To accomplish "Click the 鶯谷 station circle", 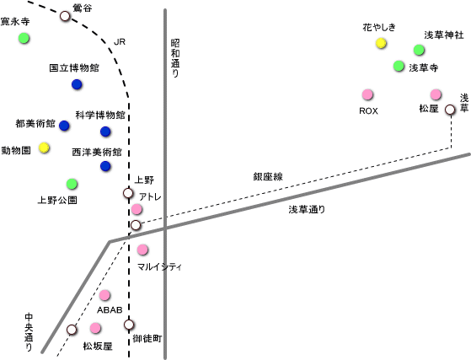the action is [65, 16].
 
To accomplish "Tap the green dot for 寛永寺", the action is [24, 38].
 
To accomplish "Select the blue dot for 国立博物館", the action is [77, 84].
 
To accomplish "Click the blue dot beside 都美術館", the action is [64, 126].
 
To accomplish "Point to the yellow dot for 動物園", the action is [44, 148].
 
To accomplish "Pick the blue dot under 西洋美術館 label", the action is [105, 166].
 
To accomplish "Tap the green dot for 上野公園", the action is [72, 184].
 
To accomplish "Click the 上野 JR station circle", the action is [128, 193].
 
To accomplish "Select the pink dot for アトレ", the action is [136, 209].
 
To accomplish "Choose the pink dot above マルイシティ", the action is [142, 250].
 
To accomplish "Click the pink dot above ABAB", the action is [104, 295].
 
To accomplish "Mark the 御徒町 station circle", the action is [129, 325].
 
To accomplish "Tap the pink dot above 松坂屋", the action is [95, 328].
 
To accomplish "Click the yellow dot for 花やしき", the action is [381, 43].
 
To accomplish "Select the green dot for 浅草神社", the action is [419, 50].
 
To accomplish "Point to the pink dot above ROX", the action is [367, 94].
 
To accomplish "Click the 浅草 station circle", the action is [450, 110].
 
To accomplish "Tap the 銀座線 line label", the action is [268, 177].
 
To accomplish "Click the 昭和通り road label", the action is [175, 58].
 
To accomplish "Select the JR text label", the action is [120, 42].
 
